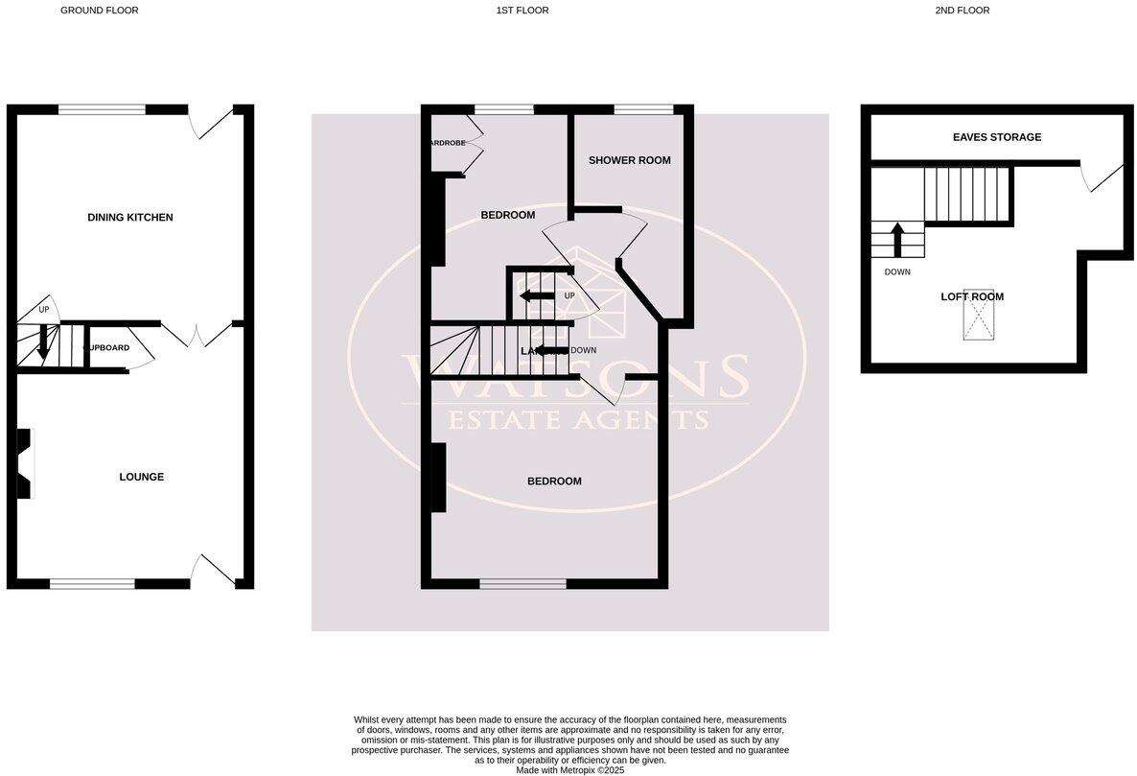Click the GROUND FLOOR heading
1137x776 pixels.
click(x=99, y=11)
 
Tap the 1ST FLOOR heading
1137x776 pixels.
click(x=522, y=11)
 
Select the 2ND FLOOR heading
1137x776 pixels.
click(x=962, y=11)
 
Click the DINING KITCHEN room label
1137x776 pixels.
click(x=130, y=218)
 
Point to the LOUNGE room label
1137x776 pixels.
click(x=142, y=477)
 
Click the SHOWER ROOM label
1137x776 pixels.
click(x=629, y=160)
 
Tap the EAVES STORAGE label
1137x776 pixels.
click(x=997, y=137)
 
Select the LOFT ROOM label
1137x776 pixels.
click(x=972, y=297)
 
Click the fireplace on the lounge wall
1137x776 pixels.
click(x=25, y=463)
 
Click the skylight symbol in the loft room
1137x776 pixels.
click(x=978, y=315)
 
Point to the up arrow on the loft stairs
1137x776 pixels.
click(x=898, y=240)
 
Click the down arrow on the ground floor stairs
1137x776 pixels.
click(x=43, y=343)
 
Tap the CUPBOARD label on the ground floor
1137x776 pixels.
click(x=106, y=347)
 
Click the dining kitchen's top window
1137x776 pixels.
click(x=102, y=108)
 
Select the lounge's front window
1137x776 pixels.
click(x=92, y=583)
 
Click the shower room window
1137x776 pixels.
click(x=642, y=108)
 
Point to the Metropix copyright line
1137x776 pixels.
click(x=569, y=769)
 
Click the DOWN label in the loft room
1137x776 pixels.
click(x=897, y=272)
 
